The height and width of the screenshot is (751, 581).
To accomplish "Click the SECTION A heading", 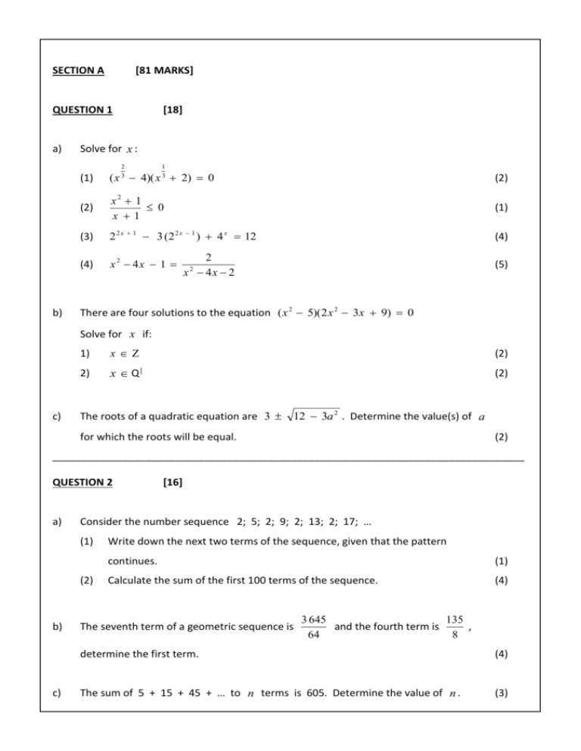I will [x=79, y=71].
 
